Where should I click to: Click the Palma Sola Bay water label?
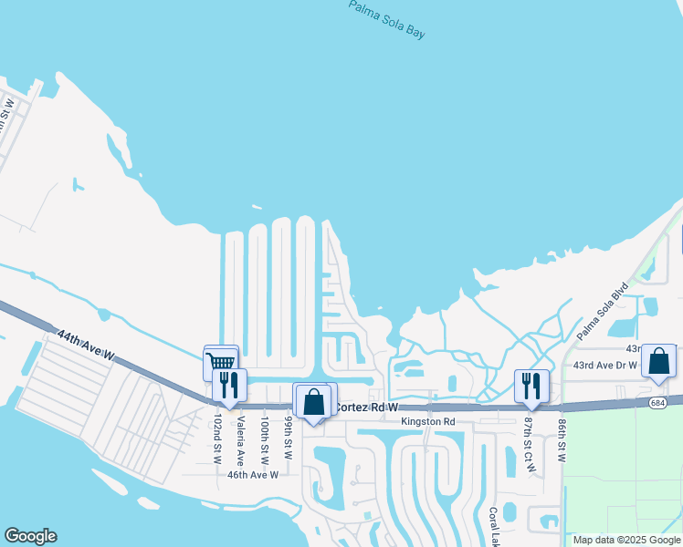point(388,19)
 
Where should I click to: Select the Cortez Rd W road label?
point(368,408)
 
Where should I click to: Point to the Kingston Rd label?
point(428,421)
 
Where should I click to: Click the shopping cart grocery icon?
point(220,362)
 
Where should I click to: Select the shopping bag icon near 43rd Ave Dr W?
point(658,361)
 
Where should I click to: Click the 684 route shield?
point(658,402)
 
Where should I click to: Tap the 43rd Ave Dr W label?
point(607,366)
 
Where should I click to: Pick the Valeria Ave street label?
point(241,440)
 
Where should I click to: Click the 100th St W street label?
point(265,438)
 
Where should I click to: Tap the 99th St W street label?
point(288,439)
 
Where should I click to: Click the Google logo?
point(30,536)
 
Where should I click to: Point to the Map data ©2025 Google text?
point(626,540)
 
